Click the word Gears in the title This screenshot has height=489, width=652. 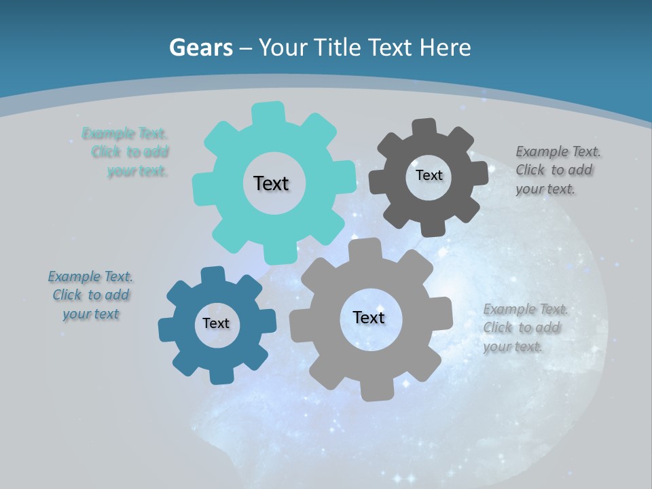(200, 48)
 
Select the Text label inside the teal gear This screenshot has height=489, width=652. (271, 183)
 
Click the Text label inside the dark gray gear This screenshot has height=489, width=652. (429, 175)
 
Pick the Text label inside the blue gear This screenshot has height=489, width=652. (216, 323)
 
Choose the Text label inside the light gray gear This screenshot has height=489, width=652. (369, 317)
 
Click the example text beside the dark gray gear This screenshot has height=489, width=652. (558, 170)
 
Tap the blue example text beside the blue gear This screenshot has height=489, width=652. (91, 295)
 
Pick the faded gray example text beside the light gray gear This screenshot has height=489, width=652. (525, 328)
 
